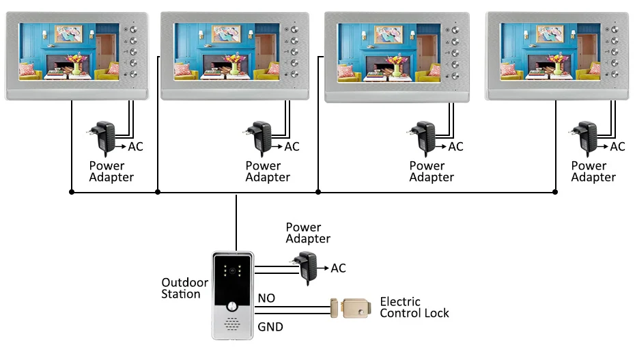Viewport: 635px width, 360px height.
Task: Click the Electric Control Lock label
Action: pyautogui.click(x=414, y=307)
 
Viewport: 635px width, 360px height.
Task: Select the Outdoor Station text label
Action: pyautogui.click(x=181, y=288)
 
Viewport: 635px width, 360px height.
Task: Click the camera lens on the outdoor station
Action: pyautogui.click(x=233, y=271)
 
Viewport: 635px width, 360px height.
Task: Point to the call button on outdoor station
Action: pyautogui.click(x=233, y=294)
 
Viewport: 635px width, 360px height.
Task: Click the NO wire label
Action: pyautogui.click(x=266, y=298)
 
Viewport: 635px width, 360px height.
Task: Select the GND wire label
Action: pyautogui.click(x=270, y=327)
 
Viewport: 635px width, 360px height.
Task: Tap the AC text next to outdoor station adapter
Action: pyautogui.click(x=338, y=268)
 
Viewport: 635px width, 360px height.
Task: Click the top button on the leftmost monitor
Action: pyautogui.click(x=133, y=30)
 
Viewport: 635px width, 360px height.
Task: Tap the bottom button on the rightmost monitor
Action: pyautogui.click(x=615, y=74)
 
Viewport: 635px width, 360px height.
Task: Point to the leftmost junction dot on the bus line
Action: pyautogui.click(x=72, y=193)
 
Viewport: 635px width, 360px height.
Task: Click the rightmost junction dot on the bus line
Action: pyautogui.click(x=554, y=193)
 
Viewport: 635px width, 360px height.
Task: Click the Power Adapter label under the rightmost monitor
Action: pyautogui.click(x=593, y=171)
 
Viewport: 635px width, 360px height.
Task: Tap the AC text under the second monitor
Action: pyautogui.click(x=292, y=146)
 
